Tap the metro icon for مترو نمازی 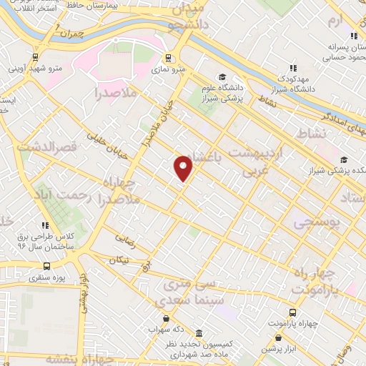pyautogui.click(x=169, y=59)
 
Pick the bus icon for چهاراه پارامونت pyautogui.click(x=293, y=312)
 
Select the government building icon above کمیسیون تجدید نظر pyautogui.click(x=198, y=334)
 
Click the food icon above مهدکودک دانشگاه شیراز pyautogui.click(x=292, y=67)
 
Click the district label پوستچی pyautogui.click(x=314, y=224)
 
